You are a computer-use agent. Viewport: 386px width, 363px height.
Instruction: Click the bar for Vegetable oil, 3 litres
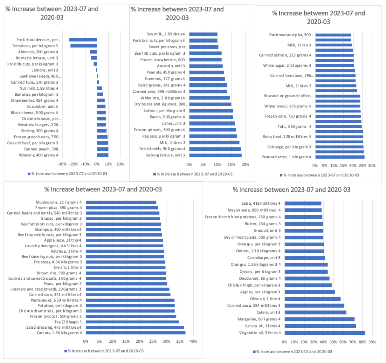[x=325, y=333]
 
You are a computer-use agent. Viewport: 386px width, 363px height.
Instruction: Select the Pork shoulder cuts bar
[x=83, y=40]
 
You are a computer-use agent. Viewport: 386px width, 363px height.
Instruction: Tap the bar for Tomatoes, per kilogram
[x=84, y=46]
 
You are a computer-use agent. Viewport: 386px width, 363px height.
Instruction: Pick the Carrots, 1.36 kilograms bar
[x=135, y=333]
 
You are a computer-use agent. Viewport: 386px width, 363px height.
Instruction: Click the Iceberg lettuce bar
[x=215, y=155]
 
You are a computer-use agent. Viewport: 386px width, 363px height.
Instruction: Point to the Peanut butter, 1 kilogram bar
[x=340, y=157]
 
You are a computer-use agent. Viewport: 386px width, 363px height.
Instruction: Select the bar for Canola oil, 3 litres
[x=320, y=326]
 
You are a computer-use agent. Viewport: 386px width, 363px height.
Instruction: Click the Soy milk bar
[x=203, y=34]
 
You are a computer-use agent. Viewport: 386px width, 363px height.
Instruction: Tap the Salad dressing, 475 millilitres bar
[x=135, y=327]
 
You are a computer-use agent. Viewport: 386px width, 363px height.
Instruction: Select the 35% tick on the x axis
[x=179, y=342]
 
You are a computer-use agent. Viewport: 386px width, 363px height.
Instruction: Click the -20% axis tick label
[x=74, y=164]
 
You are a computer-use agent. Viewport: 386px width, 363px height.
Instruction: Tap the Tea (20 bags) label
[x=69, y=322]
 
